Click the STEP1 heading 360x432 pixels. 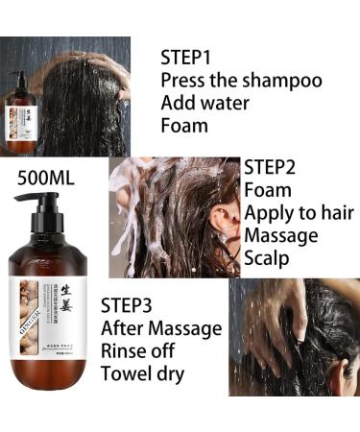pyautogui.click(x=187, y=57)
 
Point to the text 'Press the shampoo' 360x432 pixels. pyautogui.click(x=240, y=80)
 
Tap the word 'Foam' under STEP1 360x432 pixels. pyautogui.click(x=184, y=125)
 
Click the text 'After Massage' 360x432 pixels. pyautogui.click(x=161, y=328)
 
